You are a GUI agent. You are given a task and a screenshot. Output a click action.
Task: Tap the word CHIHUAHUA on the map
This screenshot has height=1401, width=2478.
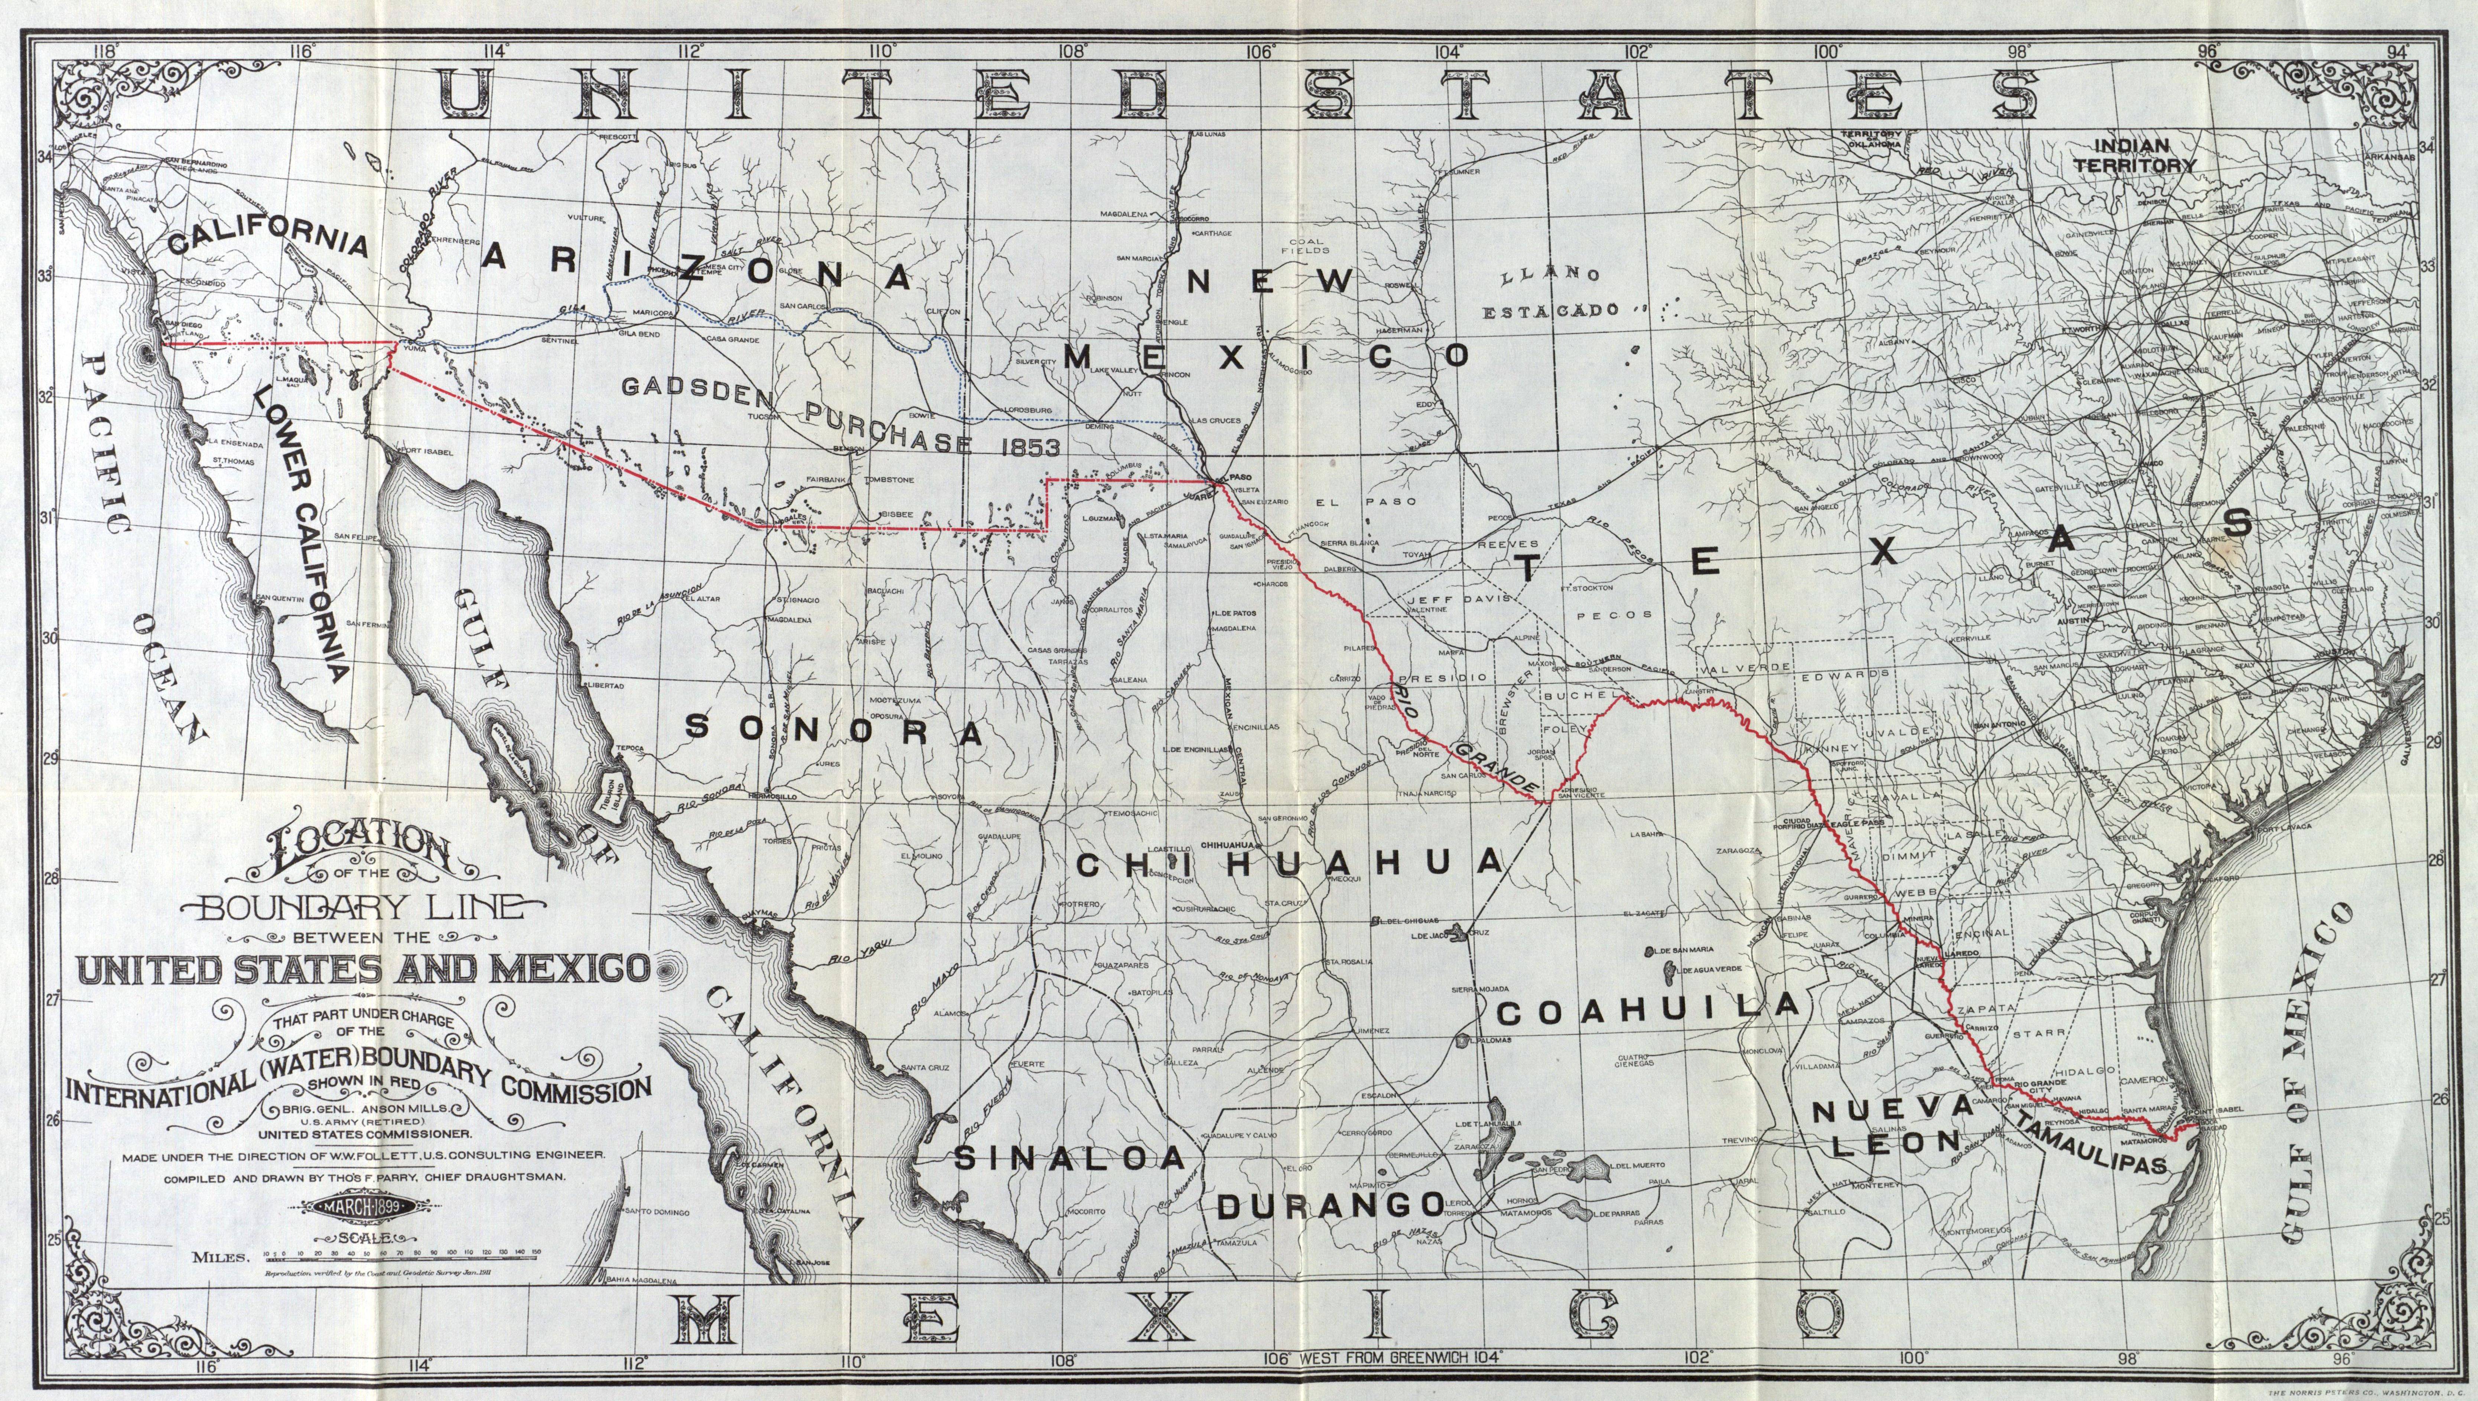(1290, 863)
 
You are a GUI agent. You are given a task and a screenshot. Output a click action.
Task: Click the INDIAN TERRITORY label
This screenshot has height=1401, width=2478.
(2133, 155)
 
